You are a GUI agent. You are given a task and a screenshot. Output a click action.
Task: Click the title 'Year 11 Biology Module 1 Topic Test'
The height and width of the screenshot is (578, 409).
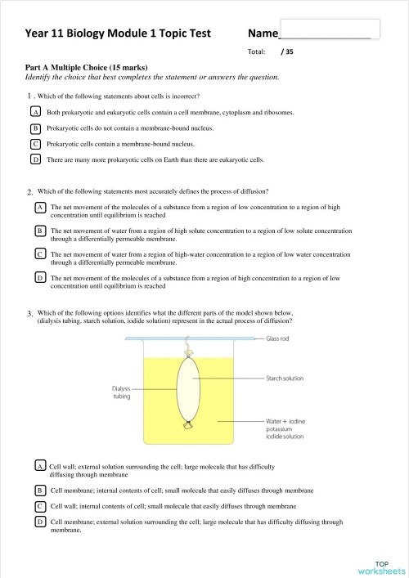pos(118,34)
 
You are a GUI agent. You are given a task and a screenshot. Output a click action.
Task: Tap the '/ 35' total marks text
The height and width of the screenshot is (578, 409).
pos(286,51)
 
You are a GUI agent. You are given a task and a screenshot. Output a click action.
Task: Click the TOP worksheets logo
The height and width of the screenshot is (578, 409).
pos(381,566)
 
